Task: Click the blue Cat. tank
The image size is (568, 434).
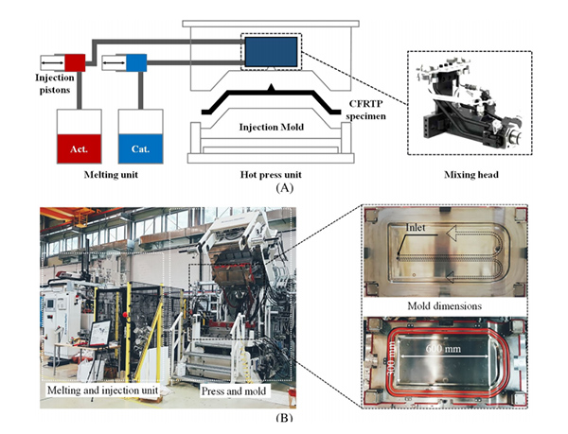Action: pyautogui.click(x=141, y=148)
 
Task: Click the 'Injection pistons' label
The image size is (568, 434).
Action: pyautogui.click(x=31, y=86)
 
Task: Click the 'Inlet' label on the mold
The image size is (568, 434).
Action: pyautogui.click(x=414, y=228)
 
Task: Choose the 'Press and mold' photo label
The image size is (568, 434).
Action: pyautogui.click(x=240, y=390)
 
